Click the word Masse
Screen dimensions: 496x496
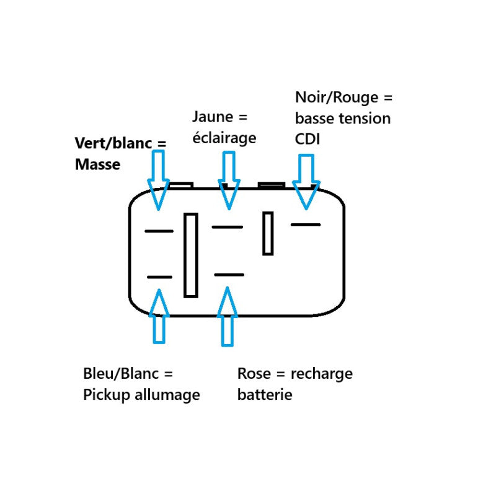pyautogui.click(x=97, y=164)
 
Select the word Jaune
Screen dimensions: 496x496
pyautogui.click(x=213, y=117)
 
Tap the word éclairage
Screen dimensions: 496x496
pyautogui.click(x=224, y=138)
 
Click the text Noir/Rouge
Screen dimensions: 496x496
pyautogui.click(x=337, y=97)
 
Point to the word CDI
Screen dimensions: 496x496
pyautogui.click(x=307, y=139)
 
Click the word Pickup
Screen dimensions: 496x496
pyautogui.click(x=106, y=395)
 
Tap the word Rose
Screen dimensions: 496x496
pyautogui.click(x=254, y=374)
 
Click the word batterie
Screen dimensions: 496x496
pyautogui.click(x=265, y=395)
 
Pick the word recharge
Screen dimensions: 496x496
pyautogui.click(x=322, y=374)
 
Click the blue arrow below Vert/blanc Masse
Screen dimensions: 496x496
pyautogui.click(x=158, y=180)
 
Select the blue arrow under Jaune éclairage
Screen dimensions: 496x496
pyautogui.click(x=229, y=180)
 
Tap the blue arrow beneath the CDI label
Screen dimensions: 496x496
pyautogui.click(x=306, y=182)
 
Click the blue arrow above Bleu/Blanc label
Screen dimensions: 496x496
pyautogui.click(x=159, y=316)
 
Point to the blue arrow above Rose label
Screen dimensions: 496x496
pyautogui.click(x=227, y=316)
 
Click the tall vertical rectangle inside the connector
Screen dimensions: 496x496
pyautogui.click(x=191, y=255)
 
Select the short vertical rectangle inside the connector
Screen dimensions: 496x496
pyautogui.click(x=268, y=233)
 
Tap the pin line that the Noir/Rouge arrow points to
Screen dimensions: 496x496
pyautogui.click(x=306, y=224)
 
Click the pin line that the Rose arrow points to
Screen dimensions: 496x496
pyautogui.click(x=229, y=275)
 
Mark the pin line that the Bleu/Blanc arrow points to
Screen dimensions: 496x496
pyautogui.click(x=160, y=277)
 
